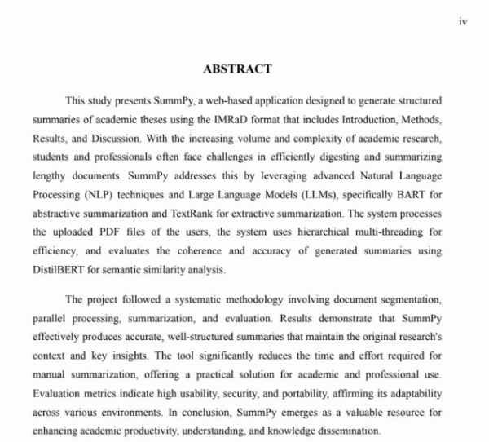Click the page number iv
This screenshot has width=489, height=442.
click(x=461, y=24)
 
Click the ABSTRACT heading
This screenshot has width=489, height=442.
click(x=237, y=69)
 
